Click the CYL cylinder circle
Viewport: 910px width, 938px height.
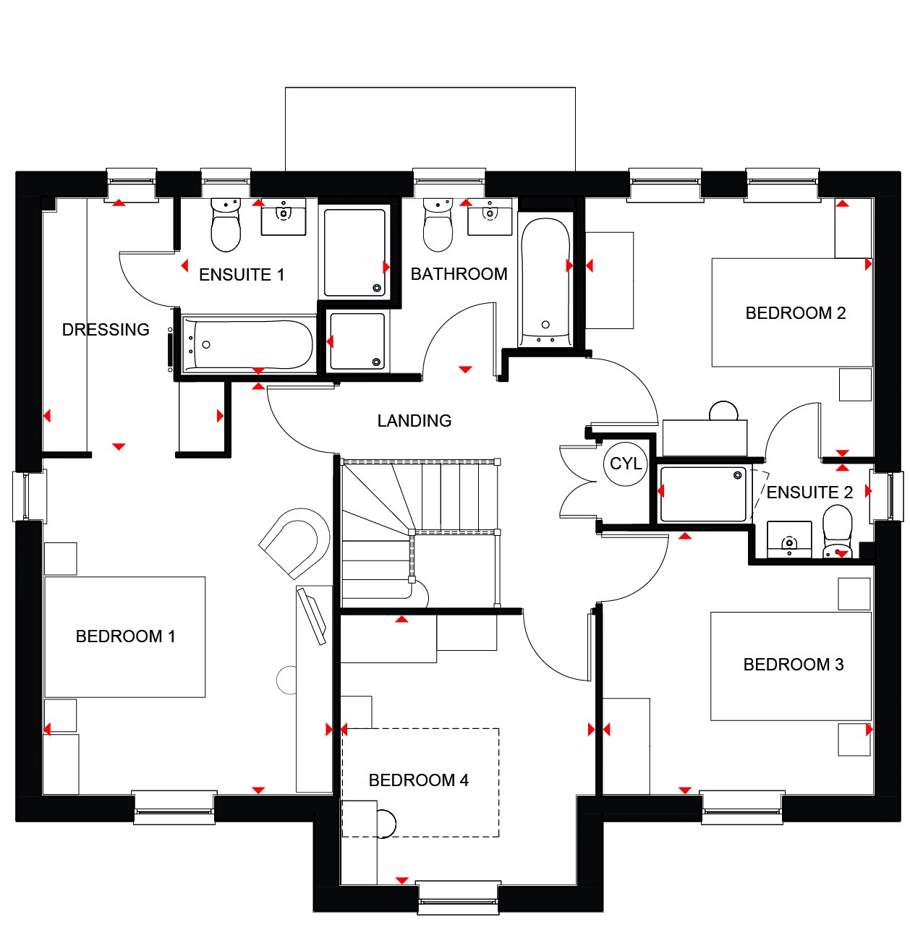[x=625, y=464]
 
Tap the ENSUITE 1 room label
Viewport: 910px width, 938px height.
[x=241, y=275]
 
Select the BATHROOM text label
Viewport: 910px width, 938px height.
[x=459, y=274]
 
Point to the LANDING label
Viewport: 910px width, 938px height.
[x=414, y=420]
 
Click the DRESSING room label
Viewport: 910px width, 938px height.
[x=106, y=329]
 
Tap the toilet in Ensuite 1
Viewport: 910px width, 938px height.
[x=225, y=224]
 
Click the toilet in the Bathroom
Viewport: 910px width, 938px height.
[x=438, y=224]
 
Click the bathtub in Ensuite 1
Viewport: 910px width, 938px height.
[x=248, y=344]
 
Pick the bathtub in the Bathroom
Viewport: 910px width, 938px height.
[x=545, y=282]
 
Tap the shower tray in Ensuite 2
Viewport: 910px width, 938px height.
[x=702, y=493]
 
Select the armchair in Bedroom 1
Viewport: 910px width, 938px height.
[x=294, y=542]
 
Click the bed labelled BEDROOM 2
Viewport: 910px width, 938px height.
[x=791, y=312]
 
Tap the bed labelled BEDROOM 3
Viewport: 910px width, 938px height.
[x=791, y=666]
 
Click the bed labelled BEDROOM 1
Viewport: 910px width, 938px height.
[x=124, y=636]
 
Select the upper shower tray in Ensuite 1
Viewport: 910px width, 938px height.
[x=354, y=252]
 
